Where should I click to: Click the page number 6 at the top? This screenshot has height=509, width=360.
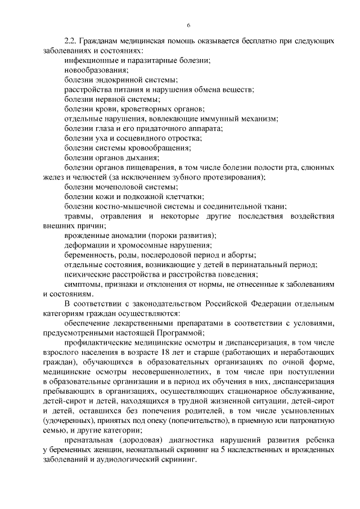[188, 25]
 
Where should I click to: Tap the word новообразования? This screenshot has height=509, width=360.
[96, 70]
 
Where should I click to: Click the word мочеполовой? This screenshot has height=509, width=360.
[116, 187]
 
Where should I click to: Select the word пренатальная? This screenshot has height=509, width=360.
[89, 439]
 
